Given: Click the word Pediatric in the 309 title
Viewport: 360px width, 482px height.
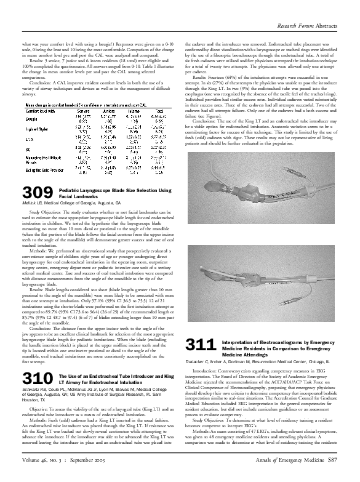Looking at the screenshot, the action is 71,191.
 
